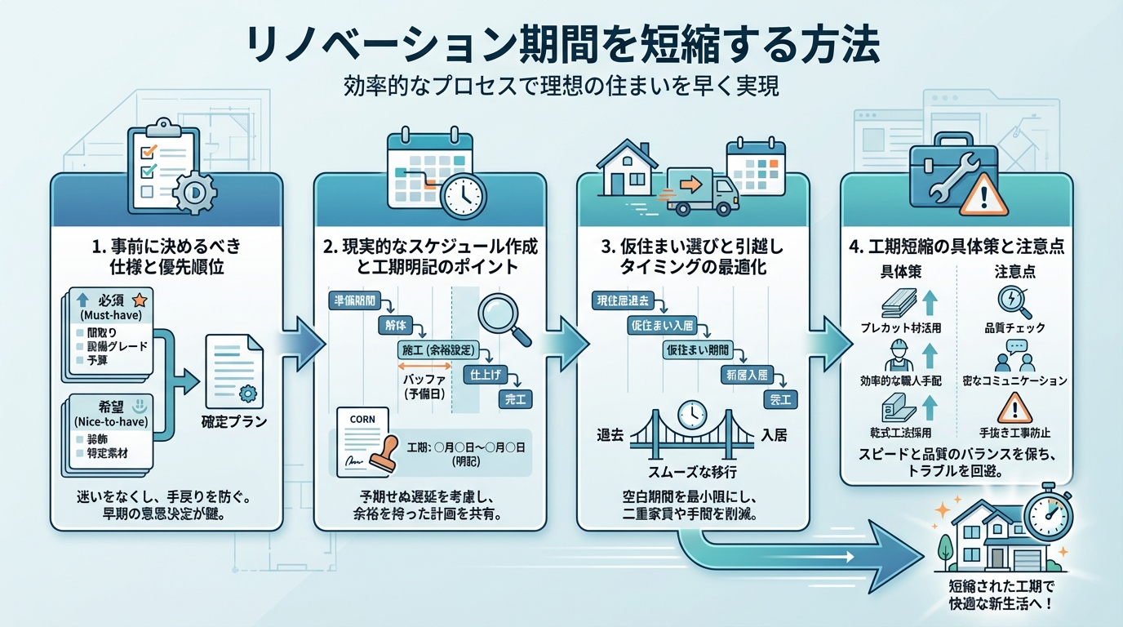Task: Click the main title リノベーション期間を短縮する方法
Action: [x=561, y=47]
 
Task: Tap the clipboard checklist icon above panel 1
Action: [x=162, y=162]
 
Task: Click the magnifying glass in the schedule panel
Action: [x=500, y=317]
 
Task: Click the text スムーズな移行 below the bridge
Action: [x=692, y=472]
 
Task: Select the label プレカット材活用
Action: [x=901, y=327]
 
